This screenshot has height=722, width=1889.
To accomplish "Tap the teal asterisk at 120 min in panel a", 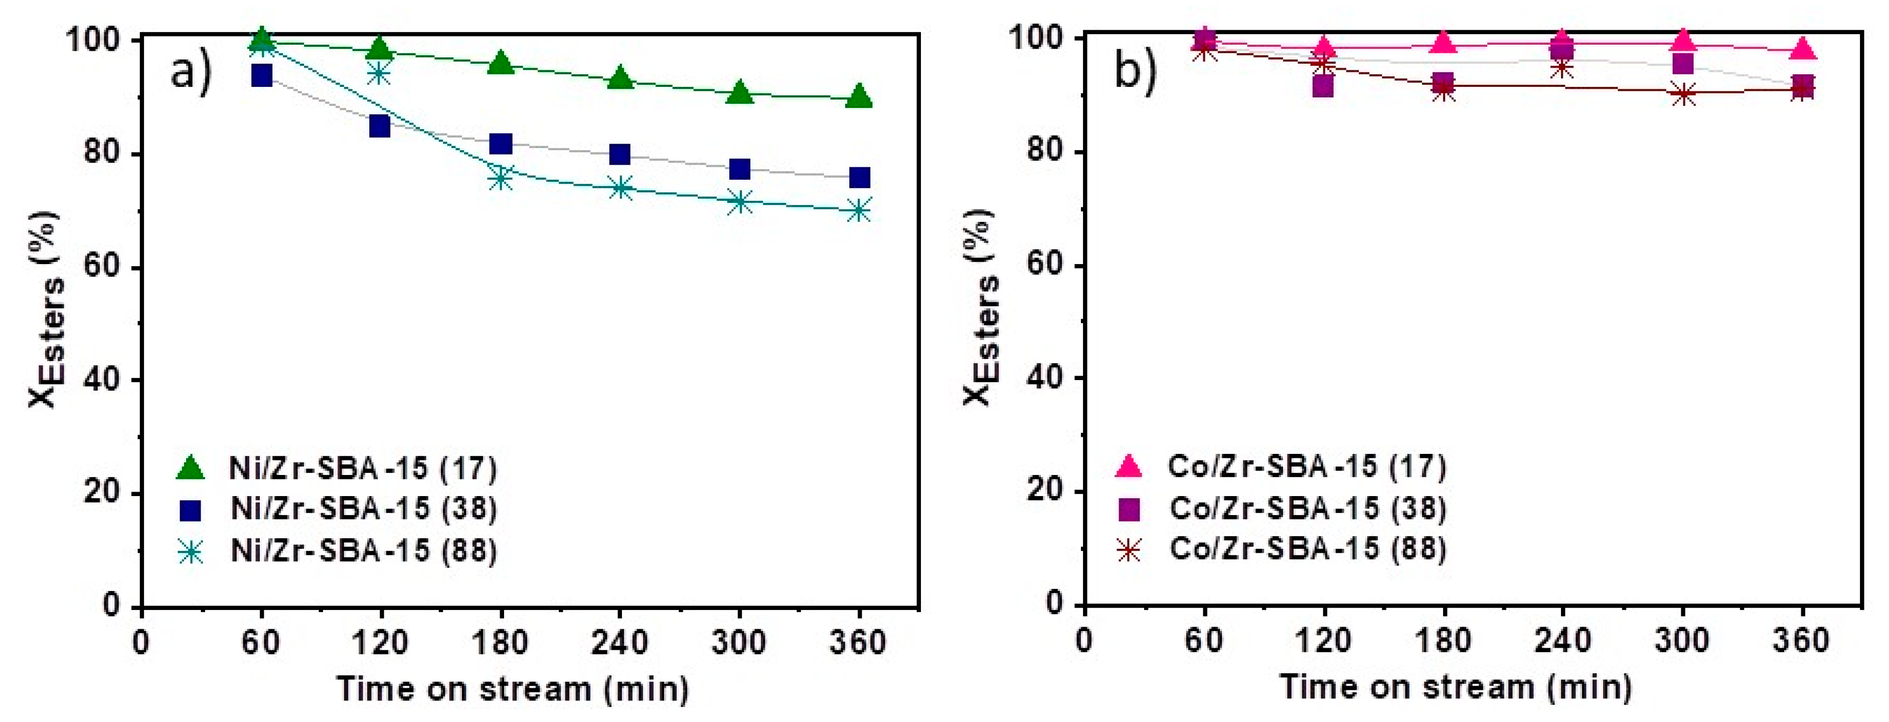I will coord(379,73).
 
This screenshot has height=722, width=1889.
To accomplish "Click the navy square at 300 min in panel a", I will coord(739,169).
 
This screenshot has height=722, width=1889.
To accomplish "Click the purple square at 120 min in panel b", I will coord(1322,86).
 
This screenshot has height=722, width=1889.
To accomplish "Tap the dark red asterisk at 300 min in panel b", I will coord(1683,94).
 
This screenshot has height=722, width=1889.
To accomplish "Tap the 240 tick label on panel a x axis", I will coord(619,643).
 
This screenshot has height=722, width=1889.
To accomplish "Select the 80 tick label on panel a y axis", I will coord(101,154).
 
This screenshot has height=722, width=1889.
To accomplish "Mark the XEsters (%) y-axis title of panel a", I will coord(46,308).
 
